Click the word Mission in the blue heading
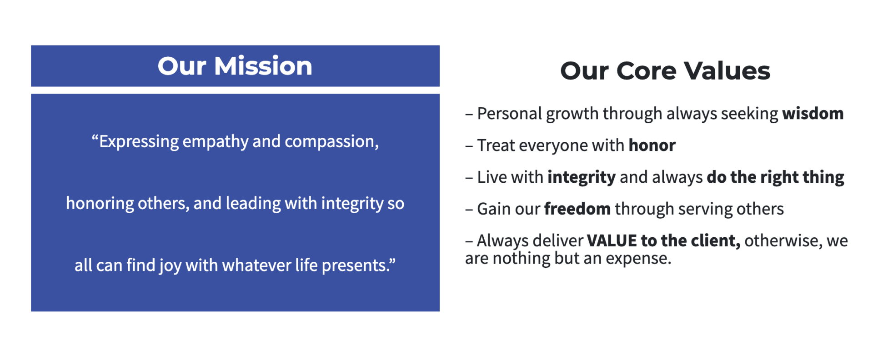tap(263, 66)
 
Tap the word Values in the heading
tap(727, 71)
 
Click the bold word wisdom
tap(813, 113)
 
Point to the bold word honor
tap(652, 145)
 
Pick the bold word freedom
tap(577, 209)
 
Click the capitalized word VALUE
tap(612, 240)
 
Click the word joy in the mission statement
tap(170, 266)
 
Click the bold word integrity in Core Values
tap(582, 177)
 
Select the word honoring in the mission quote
tap(100, 204)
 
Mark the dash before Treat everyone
tap(469, 146)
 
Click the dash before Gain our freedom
tap(469, 210)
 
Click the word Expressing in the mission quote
tap(139, 142)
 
